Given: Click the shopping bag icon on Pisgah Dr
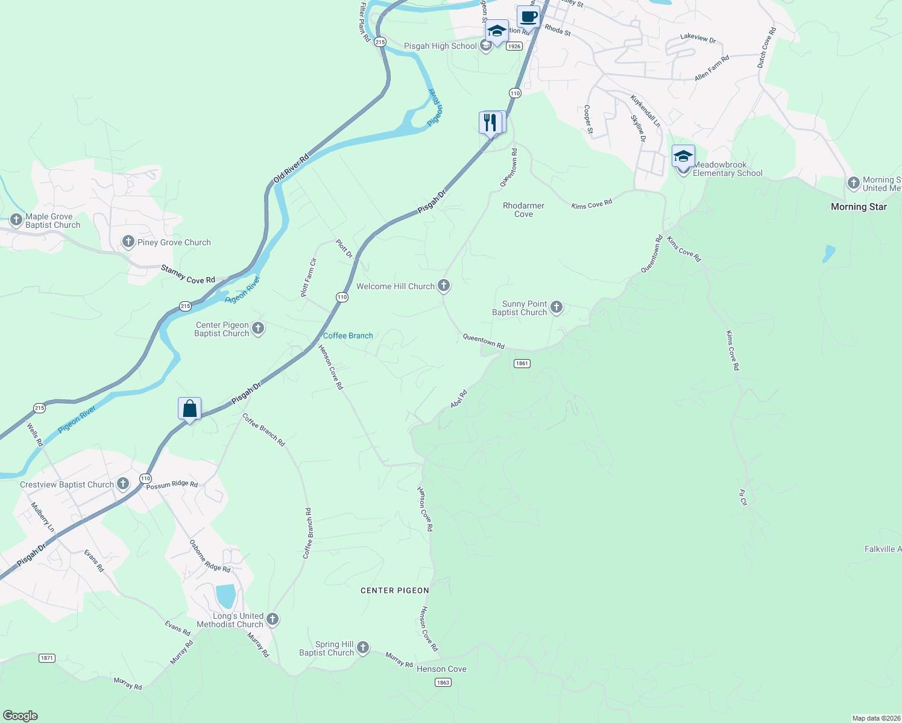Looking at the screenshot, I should [x=189, y=409].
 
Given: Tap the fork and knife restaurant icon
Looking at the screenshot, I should [x=491, y=123].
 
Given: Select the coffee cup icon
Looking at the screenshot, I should [x=528, y=17].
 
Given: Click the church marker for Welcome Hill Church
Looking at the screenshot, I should [x=444, y=286].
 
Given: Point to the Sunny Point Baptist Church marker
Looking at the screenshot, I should [x=557, y=308].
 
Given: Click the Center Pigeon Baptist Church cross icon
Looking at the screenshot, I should [x=258, y=328].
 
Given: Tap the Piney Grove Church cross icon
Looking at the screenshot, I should [x=128, y=242].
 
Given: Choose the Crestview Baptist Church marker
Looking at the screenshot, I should [x=123, y=484].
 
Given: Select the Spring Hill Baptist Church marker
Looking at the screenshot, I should [x=363, y=648].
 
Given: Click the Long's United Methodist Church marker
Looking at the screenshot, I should [x=273, y=619].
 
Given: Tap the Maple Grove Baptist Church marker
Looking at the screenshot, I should [x=16, y=220].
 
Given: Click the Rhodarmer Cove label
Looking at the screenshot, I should [x=523, y=210].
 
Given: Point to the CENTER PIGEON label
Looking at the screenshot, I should [x=395, y=590].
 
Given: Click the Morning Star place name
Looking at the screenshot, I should [x=859, y=207].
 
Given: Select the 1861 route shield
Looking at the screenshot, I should [x=522, y=363].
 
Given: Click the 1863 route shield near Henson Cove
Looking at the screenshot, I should [x=443, y=682].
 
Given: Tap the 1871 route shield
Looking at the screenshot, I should [x=47, y=658].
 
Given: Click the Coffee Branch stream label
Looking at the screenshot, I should [x=348, y=336].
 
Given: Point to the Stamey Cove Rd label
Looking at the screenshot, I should [x=188, y=275].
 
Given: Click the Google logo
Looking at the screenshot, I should [x=20, y=716].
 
